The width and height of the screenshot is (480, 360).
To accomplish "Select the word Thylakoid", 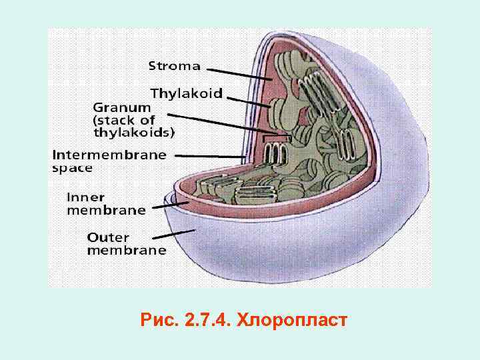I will (x=187, y=93).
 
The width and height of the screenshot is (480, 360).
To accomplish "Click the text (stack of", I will (x=124, y=120).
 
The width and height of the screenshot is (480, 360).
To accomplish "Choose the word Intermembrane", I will (x=109, y=155).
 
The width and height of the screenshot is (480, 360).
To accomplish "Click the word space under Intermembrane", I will (x=72, y=167).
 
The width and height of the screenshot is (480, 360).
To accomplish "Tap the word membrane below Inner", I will (x=105, y=209).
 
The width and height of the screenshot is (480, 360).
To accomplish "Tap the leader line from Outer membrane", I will (x=173, y=234).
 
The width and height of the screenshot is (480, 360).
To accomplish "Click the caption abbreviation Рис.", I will (x=158, y=320).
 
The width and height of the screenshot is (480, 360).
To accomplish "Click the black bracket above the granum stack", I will (x=277, y=139).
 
